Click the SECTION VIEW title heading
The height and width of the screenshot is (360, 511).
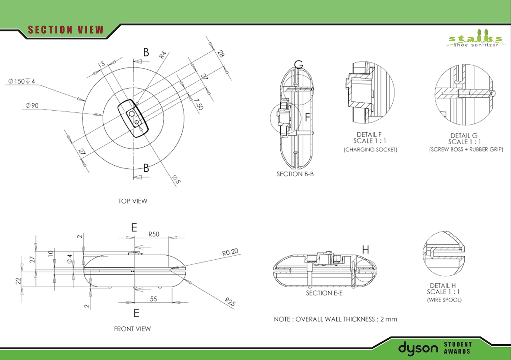[x=66, y=30]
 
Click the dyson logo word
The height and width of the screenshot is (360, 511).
[x=418, y=348]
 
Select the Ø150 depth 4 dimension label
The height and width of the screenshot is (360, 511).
[x=22, y=81]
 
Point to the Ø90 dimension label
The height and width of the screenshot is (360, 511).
[x=32, y=106]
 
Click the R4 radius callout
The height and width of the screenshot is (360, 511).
[x=162, y=55]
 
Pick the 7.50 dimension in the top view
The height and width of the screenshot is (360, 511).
[x=199, y=104]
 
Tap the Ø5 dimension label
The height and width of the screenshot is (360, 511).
[x=176, y=179]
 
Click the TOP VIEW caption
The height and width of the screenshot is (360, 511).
[x=132, y=201]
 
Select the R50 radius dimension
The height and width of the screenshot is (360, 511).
[x=154, y=234]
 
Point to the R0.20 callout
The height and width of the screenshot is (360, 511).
[x=230, y=252]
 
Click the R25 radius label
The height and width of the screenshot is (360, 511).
[x=230, y=302]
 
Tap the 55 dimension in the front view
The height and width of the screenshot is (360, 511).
[x=153, y=299]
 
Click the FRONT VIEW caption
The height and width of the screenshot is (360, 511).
[x=132, y=329]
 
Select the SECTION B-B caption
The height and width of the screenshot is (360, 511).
[x=295, y=174]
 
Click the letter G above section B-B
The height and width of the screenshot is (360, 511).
[x=299, y=65]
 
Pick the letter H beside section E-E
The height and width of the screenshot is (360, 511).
[x=365, y=250]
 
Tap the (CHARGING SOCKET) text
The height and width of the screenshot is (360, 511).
[x=370, y=150]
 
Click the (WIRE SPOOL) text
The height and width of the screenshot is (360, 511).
[x=444, y=300]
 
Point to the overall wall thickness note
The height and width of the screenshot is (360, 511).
[x=335, y=319]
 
